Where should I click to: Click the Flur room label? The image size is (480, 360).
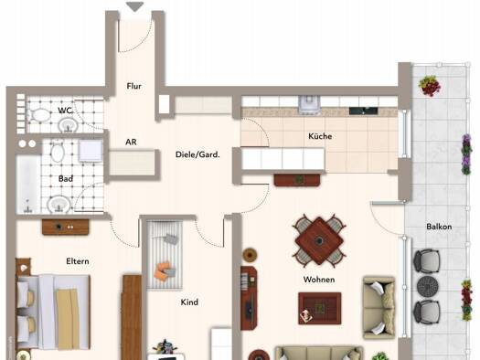pyautogui.click(x=134, y=86)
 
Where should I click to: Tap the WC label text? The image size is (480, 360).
pyautogui.click(x=65, y=111)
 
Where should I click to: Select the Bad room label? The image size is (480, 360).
pyautogui.click(x=66, y=178)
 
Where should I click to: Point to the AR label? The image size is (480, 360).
pyautogui.click(x=131, y=142)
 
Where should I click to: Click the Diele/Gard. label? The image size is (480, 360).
pyautogui.click(x=197, y=154)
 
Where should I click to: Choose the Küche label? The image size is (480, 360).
pyautogui.click(x=320, y=136)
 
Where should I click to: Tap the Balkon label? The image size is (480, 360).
pyautogui.click(x=439, y=227)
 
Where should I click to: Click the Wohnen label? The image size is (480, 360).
pyautogui.click(x=319, y=280)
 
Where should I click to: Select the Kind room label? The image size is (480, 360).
pyautogui.click(x=189, y=302)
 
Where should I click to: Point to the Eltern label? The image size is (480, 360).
pyautogui.click(x=78, y=261)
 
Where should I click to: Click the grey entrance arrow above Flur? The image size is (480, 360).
pyautogui.click(x=134, y=6)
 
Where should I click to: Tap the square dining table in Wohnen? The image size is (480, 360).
pyautogui.click(x=319, y=240)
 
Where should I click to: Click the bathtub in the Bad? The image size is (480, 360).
pyautogui.click(x=28, y=185)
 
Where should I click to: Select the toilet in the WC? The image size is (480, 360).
pyautogui.click(x=40, y=116)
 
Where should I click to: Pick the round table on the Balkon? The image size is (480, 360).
pyautogui.click(x=428, y=287)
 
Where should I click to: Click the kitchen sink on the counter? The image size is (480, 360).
pyautogui.click(x=310, y=104)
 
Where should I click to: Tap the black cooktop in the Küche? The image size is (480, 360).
pyautogui.click(x=363, y=111)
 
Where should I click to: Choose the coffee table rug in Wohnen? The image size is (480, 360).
pyautogui.click(x=320, y=308)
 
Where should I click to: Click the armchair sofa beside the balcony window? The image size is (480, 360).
pyautogui.click(x=379, y=308)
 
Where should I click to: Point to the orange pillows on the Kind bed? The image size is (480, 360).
pyautogui.click(x=165, y=270)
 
